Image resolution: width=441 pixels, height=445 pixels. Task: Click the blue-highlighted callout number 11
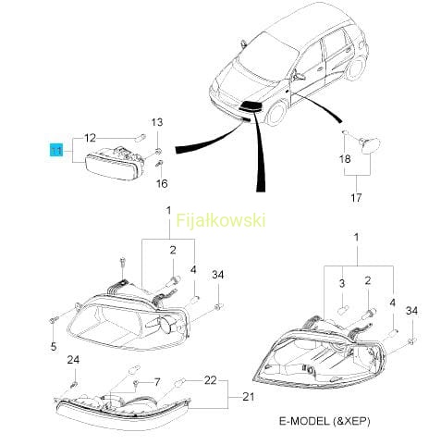56,151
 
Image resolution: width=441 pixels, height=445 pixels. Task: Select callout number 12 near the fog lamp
90,138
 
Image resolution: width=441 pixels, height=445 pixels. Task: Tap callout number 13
157,122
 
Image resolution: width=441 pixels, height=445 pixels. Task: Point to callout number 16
162,184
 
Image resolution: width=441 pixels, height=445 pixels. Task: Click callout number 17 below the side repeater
356,197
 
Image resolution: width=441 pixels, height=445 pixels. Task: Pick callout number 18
345,159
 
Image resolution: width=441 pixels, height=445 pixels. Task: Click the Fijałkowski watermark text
221,221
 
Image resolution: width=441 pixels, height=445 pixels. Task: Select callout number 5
54,346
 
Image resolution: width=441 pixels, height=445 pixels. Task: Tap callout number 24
73,360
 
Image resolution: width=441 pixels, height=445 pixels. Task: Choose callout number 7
157,382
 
